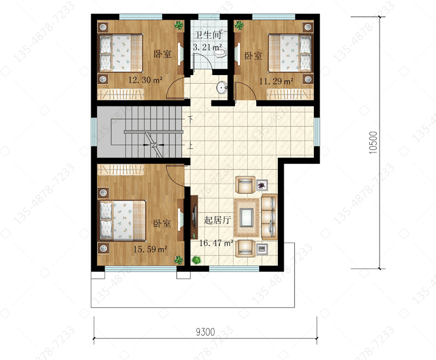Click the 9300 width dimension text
tap(205, 332)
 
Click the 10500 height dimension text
tap(373, 142)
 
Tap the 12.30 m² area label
tap(145, 80)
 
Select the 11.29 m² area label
tap(276, 81)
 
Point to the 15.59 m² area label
tap(150, 249)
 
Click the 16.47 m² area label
tap(216, 243)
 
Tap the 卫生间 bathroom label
tap(207, 35)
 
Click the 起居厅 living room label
tap(217, 220)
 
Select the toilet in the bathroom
tap(221, 52)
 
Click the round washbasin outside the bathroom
tap(222, 88)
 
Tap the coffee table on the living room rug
tap(246, 218)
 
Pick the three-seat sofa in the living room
tap(269, 217)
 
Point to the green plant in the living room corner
tap(196, 260)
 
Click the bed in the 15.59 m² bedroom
tap(123, 220)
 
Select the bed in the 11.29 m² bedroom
tap(290, 53)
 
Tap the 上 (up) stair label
tap(191, 146)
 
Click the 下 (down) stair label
tap(191, 119)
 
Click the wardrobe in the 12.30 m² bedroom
tap(121, 94)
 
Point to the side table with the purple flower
tap(262, 185)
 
